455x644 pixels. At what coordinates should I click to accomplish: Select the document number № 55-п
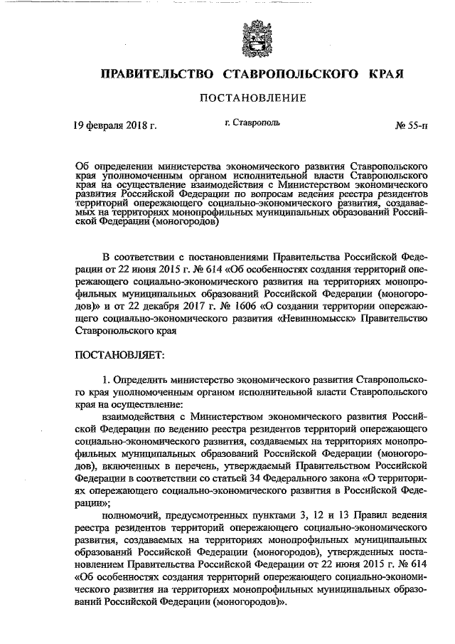pos(412,126)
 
